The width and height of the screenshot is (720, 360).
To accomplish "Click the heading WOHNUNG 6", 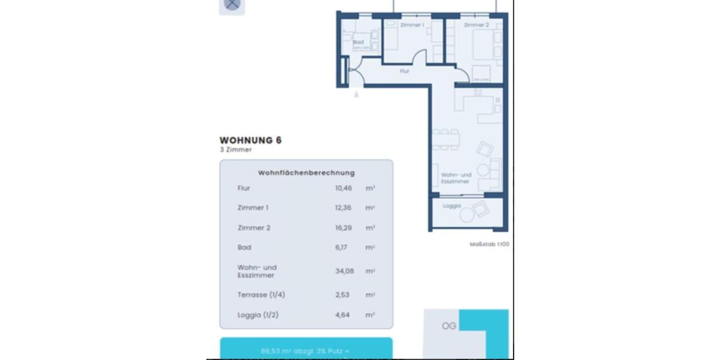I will tap(250, 140).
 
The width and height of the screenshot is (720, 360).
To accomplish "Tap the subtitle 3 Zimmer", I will tap(236, 150).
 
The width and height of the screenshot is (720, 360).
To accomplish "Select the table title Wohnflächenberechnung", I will tap(306, 173).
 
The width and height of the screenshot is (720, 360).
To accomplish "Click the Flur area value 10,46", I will tap(343, 188).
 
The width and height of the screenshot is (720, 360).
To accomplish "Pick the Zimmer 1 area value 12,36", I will tap(343, 208).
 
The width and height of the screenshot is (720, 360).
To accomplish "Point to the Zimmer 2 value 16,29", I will tap(343, 228).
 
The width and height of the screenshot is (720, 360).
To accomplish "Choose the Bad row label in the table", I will tap(244, 247).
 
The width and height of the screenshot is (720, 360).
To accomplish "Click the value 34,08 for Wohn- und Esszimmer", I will tap(344, 271).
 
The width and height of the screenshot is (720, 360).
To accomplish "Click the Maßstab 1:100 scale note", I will tap(489, 244).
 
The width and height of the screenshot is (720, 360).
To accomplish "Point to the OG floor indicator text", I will tap(449, 326).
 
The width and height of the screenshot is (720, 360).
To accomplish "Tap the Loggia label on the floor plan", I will tap(452, 206).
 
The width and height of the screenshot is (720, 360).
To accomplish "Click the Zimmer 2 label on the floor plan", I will tap(476, 25).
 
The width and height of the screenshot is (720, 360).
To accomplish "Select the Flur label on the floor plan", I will tap(404, 71).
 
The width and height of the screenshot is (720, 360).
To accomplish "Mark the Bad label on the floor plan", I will tap(358, 42).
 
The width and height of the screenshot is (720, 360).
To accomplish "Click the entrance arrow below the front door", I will tap(356, 94).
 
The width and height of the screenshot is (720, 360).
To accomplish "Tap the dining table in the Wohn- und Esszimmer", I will tap(446, 139).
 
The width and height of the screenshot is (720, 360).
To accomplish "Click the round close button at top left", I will tap(232, 5).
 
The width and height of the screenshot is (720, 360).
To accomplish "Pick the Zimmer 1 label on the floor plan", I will tap(412, 25).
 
